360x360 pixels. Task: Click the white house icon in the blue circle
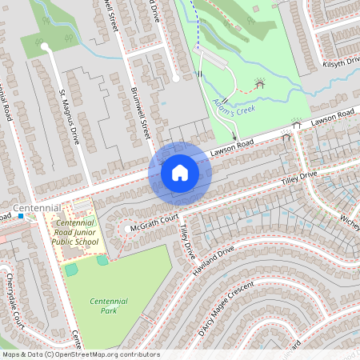[180, 173]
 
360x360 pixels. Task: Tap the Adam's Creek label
[234, 104]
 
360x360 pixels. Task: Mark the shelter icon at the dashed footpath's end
[258, 82]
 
